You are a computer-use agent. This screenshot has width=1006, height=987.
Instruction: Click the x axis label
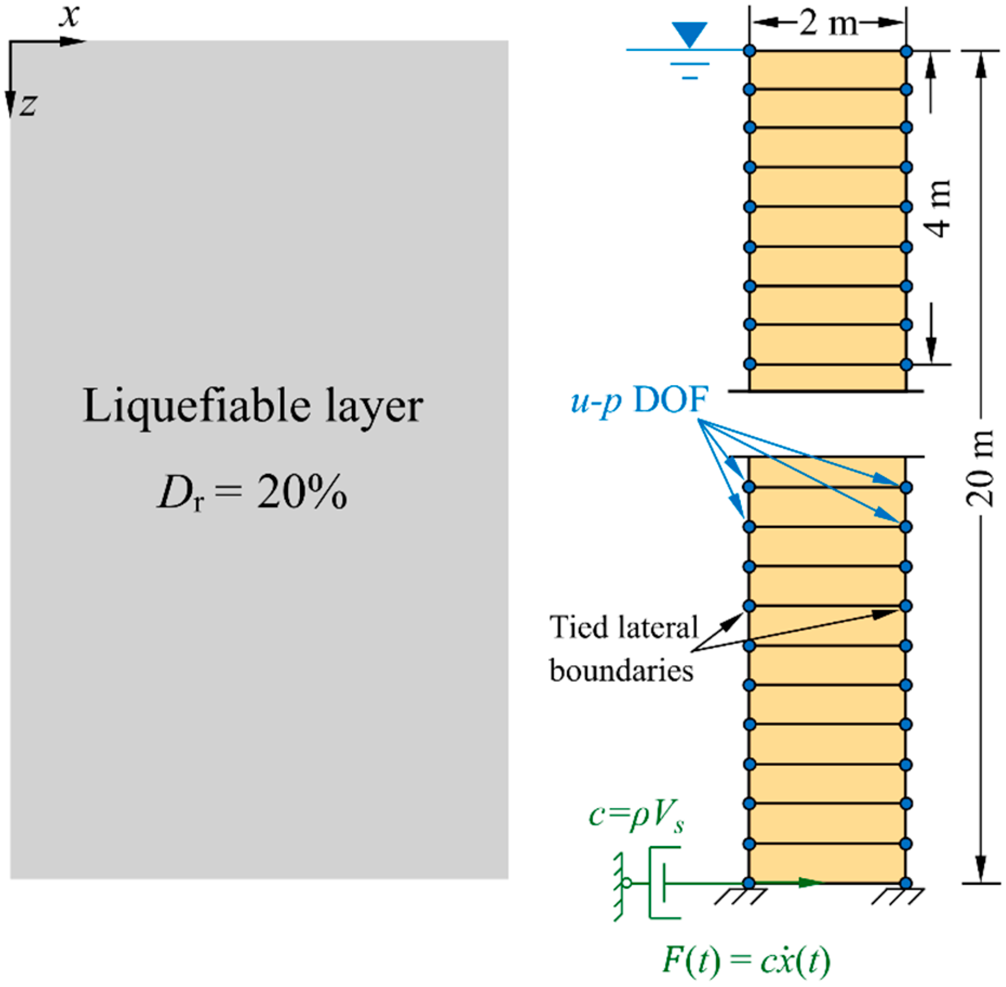point(70,16)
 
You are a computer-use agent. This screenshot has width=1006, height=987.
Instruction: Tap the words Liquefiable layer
point(252,407)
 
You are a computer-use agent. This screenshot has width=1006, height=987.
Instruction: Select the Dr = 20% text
point(252,492)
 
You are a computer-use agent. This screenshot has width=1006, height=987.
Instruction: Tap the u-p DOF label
point(639,401)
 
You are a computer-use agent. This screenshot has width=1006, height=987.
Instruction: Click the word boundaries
point(621,671)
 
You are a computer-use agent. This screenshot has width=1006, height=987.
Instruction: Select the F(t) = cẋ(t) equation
point(746,961)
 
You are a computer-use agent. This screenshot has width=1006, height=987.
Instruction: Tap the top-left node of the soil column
point(749,51)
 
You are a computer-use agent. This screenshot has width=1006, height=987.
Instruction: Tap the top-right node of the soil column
point(906,51)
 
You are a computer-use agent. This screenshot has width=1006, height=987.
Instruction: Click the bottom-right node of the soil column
point(906,883)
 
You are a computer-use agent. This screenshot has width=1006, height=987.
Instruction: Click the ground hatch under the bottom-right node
point(897,897)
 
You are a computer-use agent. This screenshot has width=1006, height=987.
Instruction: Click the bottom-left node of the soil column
point(749,883)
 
